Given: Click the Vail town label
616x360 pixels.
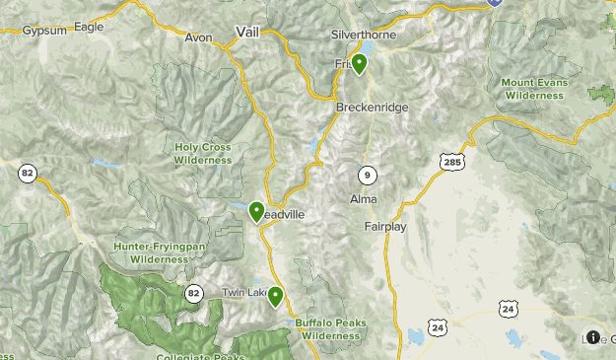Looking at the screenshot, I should coord(246,33).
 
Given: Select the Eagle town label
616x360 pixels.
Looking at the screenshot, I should coord(89,27).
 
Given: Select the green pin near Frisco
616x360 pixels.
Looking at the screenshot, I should coord(360,65).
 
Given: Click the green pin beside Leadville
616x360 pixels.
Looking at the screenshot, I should coord(256,211).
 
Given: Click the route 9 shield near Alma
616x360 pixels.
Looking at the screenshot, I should coord(367,175).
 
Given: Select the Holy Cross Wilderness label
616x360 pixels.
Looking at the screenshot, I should coord(203,153).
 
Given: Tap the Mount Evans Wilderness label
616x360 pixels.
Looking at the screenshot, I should coord(534,89).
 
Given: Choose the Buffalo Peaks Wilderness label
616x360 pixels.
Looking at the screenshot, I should coord(330,328).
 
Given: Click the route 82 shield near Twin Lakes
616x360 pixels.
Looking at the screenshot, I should coord(193,292).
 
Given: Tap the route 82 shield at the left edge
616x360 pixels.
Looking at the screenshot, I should coord(27,174).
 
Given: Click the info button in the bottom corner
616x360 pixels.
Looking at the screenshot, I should coord(592,336).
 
